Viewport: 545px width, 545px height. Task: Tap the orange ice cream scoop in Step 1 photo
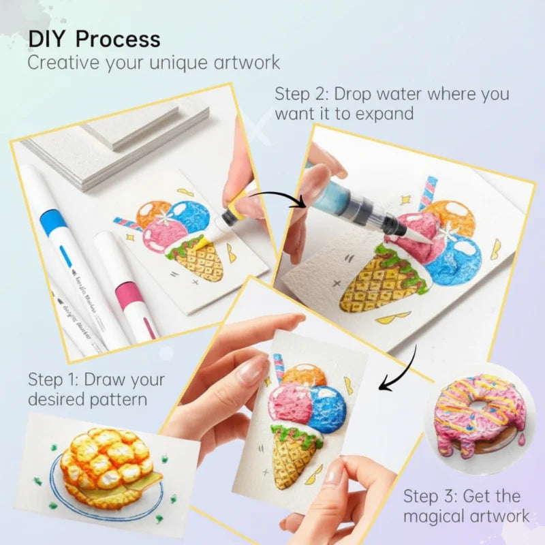153,213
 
